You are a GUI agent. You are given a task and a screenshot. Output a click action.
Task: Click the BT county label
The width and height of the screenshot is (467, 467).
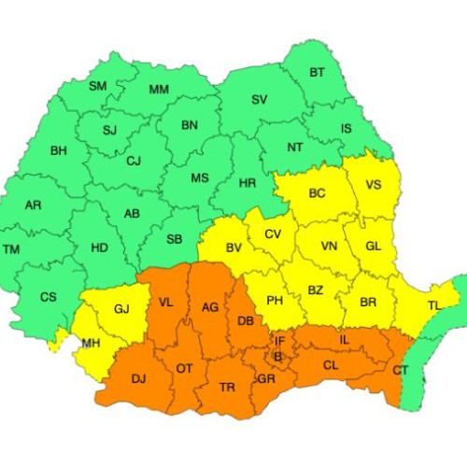(x=318, y=72)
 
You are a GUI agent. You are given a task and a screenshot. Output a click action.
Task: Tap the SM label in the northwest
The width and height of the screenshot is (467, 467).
(x=97, y=86)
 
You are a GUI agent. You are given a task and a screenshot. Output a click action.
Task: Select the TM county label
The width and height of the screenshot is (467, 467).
(x=11, y=249)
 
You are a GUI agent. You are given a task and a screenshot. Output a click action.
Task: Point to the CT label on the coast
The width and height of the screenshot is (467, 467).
(x=401, y=371)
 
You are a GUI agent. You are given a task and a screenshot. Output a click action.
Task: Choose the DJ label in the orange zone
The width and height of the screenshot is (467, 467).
(x=139, y=378)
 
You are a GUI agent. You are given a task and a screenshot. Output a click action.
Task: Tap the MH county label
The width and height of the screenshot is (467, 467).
(x=91, y=343)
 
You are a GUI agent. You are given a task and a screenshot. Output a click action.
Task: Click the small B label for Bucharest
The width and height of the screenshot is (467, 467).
(x=276, y=357)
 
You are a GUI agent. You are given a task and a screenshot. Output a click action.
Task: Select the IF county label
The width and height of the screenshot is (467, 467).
(x=279, y=342)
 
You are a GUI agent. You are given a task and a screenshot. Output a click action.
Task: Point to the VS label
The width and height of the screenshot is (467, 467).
(x=373, y=184)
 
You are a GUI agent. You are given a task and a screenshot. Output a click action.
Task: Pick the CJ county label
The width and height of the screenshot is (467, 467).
(x=134, y=161)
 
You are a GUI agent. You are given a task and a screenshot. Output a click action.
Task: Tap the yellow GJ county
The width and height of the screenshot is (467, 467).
(x=121, y=307)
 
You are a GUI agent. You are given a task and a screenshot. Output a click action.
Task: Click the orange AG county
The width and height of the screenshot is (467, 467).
(x=210, y=307)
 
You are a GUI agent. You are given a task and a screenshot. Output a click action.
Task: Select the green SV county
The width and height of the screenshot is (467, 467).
(x=259, y=100)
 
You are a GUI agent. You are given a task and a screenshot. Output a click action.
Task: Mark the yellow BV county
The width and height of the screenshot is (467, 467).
(x=233, y=248)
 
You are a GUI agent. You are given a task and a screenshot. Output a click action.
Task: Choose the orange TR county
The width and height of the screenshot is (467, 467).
(x=226, y=387)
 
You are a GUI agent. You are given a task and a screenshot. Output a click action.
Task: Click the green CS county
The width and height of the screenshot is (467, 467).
(x=49, y=297)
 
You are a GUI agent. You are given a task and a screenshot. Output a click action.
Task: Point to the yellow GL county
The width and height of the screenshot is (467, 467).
(x=373, y=246)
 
